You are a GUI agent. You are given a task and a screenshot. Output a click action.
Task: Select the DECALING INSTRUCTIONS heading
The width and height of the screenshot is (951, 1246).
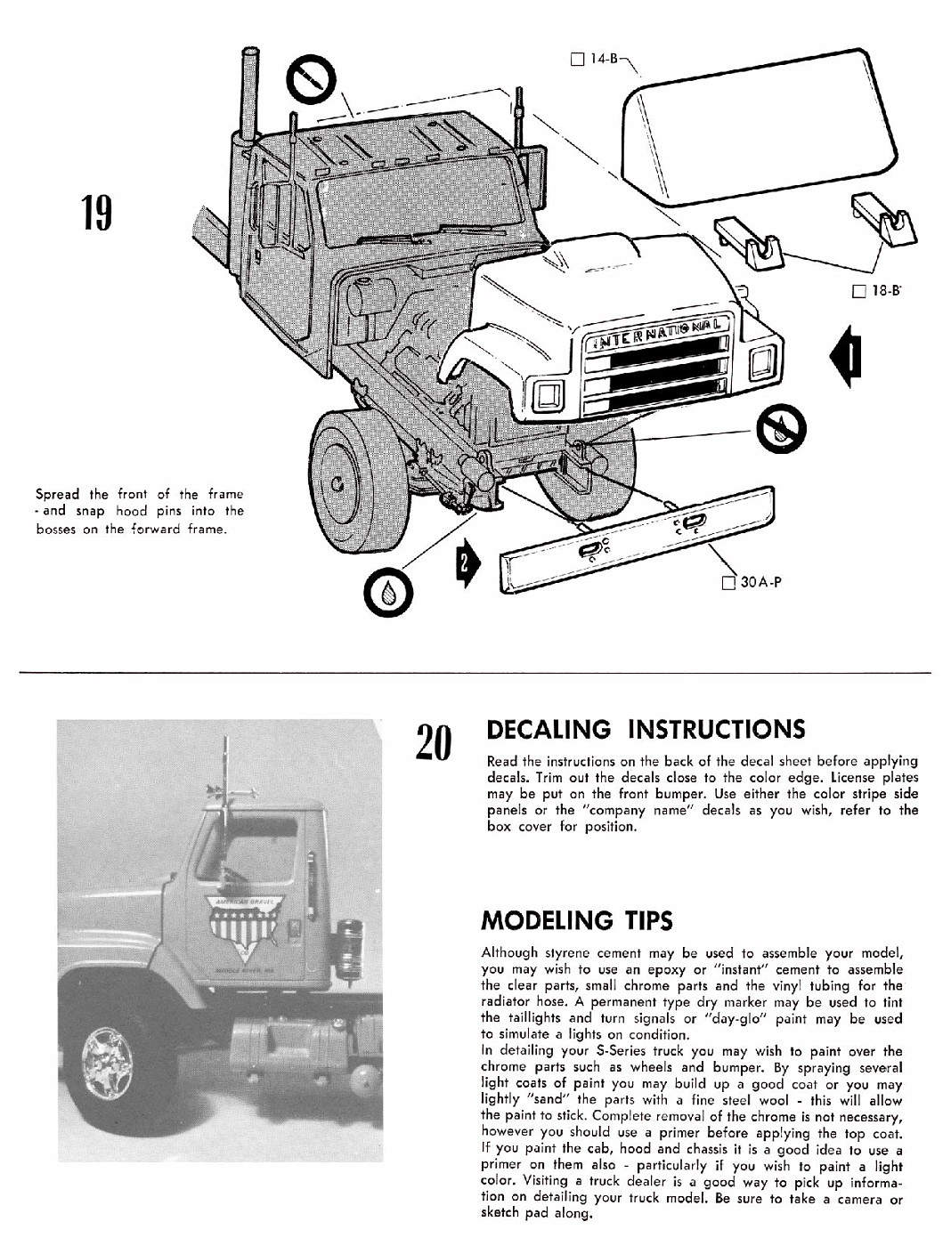tap(642, 729)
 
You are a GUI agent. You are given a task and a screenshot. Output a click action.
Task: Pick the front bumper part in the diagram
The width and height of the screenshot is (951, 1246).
tap(636, 540)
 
